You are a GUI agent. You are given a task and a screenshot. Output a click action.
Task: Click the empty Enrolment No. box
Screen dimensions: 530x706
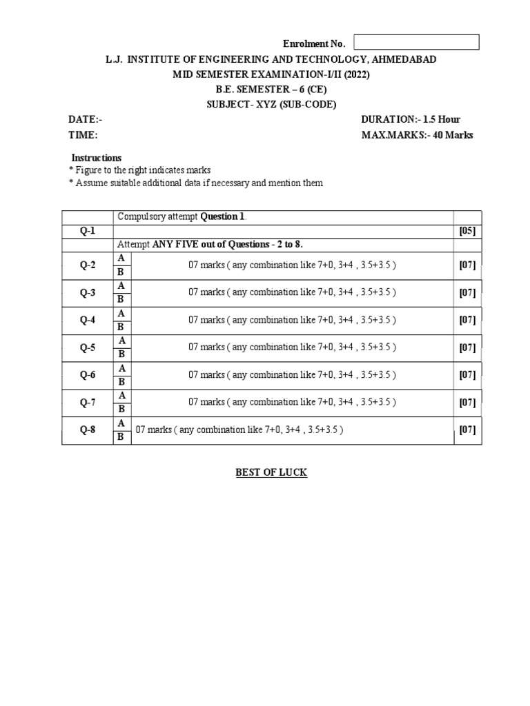pos(417,42)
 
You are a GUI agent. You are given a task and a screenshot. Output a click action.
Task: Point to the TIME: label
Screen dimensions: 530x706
pos(83,135)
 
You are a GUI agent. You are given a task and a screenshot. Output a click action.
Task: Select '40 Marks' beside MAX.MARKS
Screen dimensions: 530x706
pos(453,135)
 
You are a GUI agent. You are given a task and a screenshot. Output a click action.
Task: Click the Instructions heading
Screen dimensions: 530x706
pos(97,158)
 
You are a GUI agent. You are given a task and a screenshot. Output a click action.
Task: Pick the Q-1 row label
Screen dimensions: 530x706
pos(88,231)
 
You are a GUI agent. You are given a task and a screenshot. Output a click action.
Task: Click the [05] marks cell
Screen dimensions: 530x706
pos(468,231)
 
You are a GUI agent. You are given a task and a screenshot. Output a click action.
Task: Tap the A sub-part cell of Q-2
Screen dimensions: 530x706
pos(121,258)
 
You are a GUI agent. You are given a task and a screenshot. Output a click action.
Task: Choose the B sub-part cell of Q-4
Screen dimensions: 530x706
pos(121,326)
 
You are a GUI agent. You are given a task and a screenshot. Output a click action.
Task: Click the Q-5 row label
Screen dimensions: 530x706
pos(88,347)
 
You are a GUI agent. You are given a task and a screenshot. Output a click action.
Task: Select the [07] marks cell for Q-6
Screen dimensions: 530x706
pos(468,375)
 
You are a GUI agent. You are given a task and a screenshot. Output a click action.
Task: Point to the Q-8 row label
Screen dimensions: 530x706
pos(88,430)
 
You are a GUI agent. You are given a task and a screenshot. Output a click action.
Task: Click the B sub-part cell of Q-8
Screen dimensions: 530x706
pos(121,436)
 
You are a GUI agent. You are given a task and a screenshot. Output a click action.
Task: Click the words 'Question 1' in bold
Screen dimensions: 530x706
pos(222,216)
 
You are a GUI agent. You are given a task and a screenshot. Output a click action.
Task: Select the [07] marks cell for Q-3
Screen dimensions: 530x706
pos(468,292)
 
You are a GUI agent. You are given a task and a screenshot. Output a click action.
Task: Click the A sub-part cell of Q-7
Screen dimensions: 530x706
pos(121,395)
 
